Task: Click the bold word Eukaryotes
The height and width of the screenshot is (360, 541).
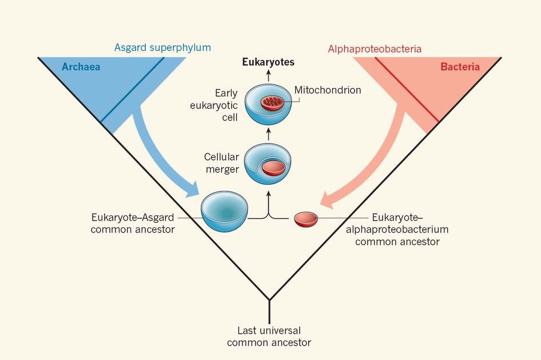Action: point(268,62)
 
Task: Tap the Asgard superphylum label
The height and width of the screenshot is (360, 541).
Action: point(162,48)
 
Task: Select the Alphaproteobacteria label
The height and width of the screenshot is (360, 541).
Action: point(375,49)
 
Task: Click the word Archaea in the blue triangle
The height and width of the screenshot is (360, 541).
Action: point(81,67)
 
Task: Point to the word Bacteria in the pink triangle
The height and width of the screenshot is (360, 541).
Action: point(460,67)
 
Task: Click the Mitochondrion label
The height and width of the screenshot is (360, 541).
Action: point(328,90)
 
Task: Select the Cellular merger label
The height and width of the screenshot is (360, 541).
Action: point(221,163)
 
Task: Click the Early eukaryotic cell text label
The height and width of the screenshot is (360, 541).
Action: point(226,105)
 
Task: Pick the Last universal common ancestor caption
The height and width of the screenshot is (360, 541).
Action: point(269,337)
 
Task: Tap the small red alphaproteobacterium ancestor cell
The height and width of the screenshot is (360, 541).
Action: point(306,219)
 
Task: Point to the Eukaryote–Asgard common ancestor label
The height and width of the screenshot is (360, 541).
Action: point(133,223)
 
